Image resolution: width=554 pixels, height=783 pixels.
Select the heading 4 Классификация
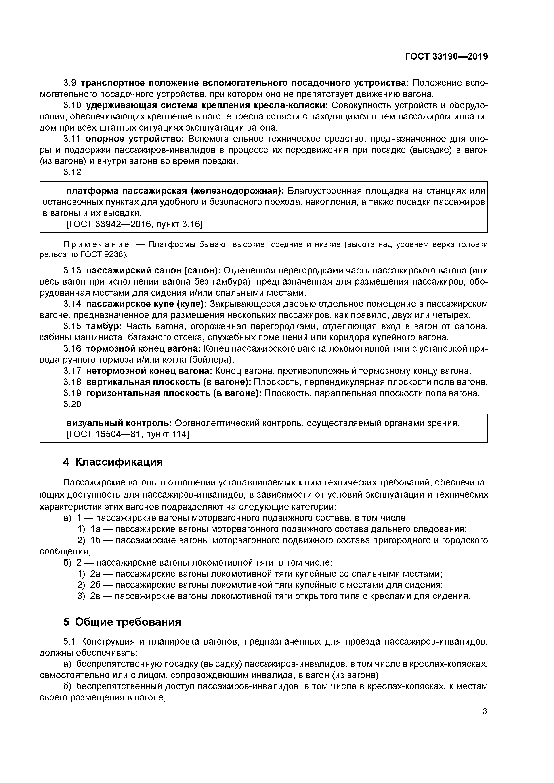(x=113, y=462)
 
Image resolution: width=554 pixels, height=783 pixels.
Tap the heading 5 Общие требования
(x=122, y=622)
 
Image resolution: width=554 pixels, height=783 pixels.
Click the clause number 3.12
(x=72, y=172)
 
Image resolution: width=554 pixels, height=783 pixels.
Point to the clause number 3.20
(x=72, y=404)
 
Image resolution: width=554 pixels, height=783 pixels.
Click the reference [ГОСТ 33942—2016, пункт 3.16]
(x=134, y=224)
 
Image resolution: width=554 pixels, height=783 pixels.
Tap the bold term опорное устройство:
(x=134, y=139)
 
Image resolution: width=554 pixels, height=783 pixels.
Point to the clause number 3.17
(x=72, y=371)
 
